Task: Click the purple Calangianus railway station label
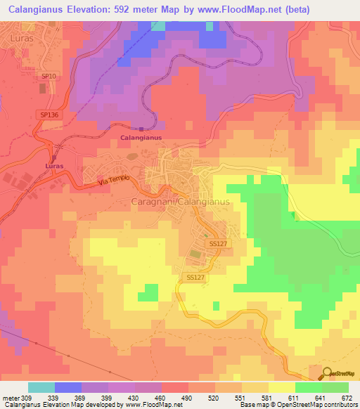pyautogui.click(x=141, y=138)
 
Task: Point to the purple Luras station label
pyautogui.click(x=54, y=166)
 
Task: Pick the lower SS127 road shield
pyautogui.click(x=195, y=278)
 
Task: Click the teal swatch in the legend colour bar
pyautogui.click(x=41, y=387)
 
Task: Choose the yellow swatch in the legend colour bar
pyautogui.click(x=281, y=387)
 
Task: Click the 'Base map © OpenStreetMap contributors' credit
pyautogui.click(x=296, y=405)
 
